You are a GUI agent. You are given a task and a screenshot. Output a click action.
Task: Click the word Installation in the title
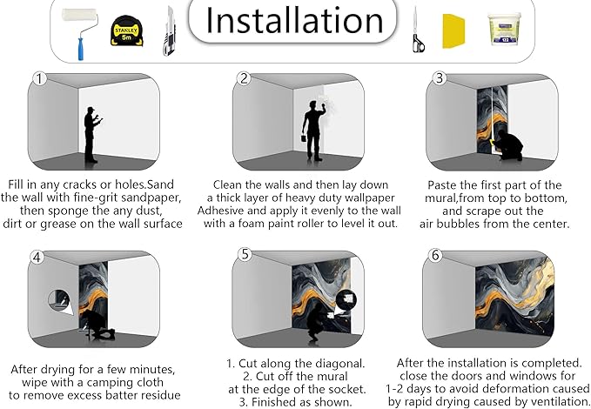[294, 20]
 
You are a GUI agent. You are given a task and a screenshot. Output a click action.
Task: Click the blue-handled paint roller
[80, 33]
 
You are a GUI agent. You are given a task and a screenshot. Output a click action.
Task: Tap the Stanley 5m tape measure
[127, 31]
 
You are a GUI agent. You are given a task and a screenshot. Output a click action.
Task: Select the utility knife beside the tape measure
[169, 31]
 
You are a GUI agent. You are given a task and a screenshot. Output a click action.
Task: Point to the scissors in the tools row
[418, 30]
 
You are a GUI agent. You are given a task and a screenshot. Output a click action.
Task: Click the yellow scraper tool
[453, 31]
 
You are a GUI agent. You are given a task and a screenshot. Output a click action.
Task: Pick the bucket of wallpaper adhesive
[505, 29]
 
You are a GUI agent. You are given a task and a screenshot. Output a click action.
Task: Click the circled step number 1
[39, 79]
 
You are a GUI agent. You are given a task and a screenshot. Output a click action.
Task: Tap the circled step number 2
[244, 78]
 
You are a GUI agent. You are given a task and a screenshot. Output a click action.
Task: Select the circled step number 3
[439, 78]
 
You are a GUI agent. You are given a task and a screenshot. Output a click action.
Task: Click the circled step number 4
[37, 258]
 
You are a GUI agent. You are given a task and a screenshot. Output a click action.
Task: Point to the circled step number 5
[245, 254]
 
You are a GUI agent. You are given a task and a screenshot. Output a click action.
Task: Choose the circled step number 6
[435, 255]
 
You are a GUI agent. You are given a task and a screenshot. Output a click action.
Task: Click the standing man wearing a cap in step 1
[91, 135]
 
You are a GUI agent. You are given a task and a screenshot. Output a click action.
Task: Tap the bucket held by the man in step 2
[304, 138]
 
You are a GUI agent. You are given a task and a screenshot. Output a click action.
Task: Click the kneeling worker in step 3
[507, 145]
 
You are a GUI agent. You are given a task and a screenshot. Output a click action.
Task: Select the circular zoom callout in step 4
[59, 300]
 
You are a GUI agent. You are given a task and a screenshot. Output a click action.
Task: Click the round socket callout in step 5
[346, 299]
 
